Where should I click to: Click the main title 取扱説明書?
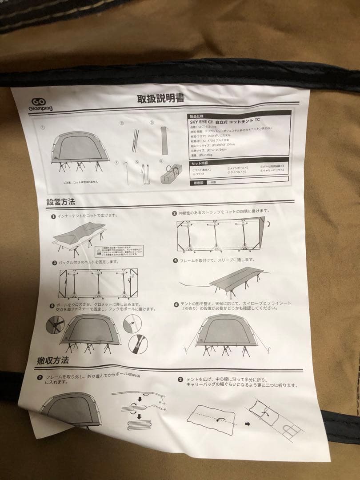coord(161,98)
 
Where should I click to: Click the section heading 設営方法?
coord(61,201)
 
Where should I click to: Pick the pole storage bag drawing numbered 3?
coord(164,140)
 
